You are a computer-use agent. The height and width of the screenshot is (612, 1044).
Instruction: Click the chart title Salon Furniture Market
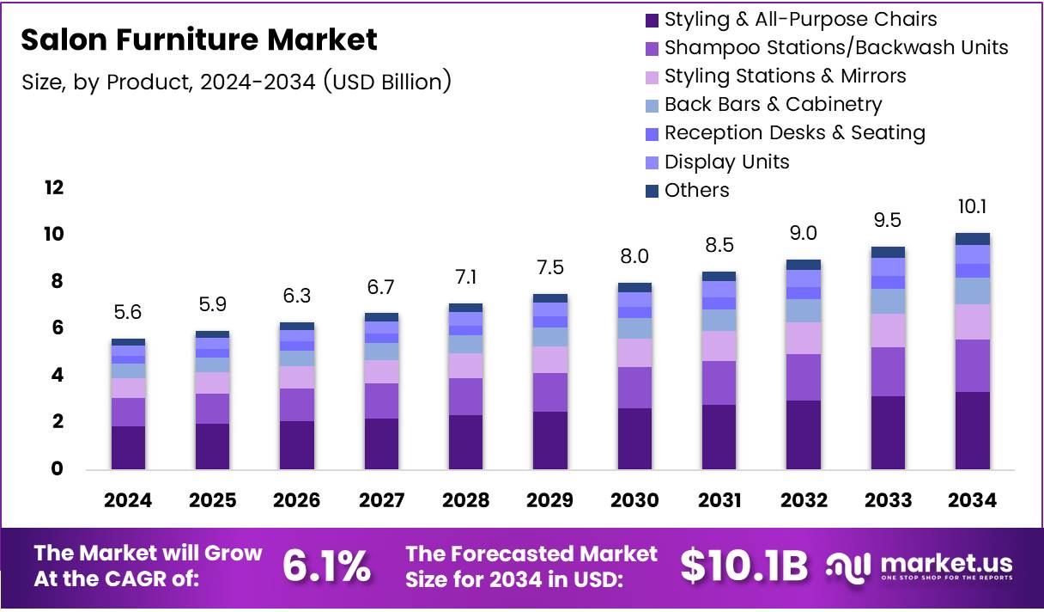point(198,40)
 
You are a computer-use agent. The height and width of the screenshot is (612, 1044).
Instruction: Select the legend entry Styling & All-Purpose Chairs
point(800,19)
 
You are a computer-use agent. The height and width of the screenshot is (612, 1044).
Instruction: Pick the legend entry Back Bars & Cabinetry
point(773,105)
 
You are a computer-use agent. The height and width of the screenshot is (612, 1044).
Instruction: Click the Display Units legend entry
point(726,162)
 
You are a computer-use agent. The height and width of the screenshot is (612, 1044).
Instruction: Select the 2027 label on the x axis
point(381,500)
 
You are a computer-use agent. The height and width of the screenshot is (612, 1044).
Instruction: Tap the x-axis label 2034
point(972,500)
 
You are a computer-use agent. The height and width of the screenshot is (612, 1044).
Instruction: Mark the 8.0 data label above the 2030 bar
point(634,257)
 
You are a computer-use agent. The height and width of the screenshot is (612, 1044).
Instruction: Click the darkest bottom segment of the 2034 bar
point(973,431)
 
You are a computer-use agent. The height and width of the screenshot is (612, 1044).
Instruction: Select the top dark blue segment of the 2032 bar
point(804,265)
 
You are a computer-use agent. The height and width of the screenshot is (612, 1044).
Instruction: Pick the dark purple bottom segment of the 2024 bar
point(128,448)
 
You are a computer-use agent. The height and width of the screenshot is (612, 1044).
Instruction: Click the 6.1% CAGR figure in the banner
point(327,565)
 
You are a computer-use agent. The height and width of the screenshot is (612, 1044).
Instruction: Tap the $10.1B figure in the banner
point(744,565)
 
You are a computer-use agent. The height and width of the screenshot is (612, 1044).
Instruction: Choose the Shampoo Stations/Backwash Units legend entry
point(836,47)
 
